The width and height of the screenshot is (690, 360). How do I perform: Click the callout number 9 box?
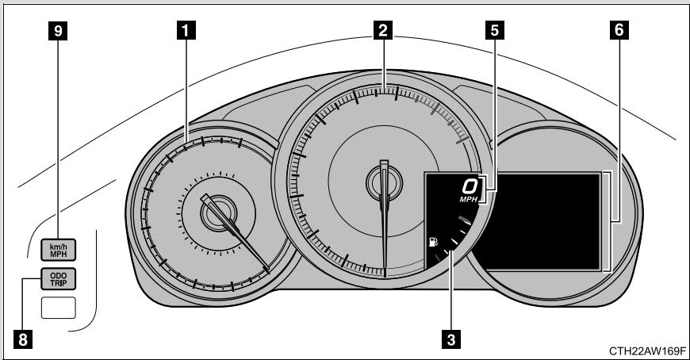[58, 31]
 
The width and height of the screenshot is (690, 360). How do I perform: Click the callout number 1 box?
[186, 31]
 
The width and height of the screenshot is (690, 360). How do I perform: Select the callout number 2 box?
[383, 31]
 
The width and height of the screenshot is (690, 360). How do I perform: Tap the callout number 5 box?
[495, 31]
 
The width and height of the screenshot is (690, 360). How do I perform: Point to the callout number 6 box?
[619, 31]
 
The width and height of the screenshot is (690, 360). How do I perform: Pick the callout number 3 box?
[451, 339]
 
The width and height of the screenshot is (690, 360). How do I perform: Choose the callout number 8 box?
[23, 339]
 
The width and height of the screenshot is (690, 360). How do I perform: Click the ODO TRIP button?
[59, 279]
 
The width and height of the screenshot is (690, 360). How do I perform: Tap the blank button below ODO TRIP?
[59, 307]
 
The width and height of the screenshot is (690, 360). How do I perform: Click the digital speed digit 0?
[470, 186]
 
